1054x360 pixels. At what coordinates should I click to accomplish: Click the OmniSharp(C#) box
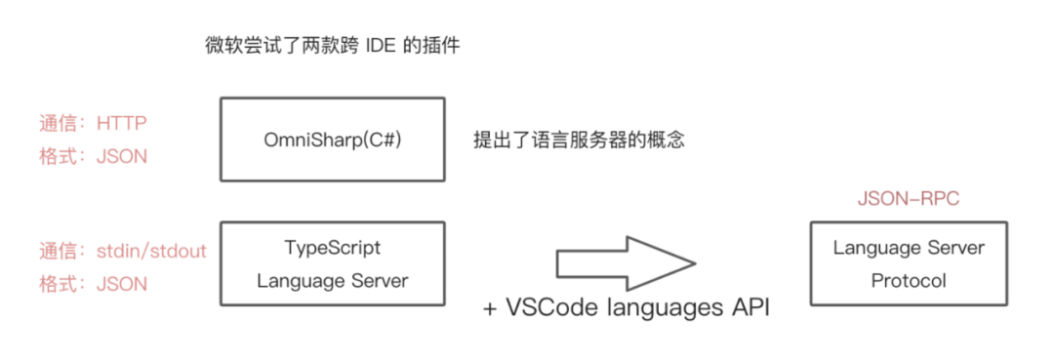[x=333, y=140]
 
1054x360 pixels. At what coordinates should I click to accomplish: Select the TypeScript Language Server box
[x=333, y=263]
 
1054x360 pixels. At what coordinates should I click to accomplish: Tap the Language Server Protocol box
[x=909, y=263]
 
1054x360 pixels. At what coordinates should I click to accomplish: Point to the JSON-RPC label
[x=909, y=199]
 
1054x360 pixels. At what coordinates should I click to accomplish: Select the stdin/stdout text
[x=151, y=251]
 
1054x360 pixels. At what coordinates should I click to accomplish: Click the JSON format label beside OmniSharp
[x=122, y=157]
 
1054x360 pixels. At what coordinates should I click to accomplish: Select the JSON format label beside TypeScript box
[x=122, y=284]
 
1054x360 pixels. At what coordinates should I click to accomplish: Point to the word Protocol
[x=909, y=280]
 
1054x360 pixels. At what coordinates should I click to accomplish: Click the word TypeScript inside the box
[x=332, y=248]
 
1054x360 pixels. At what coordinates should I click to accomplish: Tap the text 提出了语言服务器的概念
[x=579, y=140]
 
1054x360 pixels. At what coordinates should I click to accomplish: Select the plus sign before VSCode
[x=491, y=308]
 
